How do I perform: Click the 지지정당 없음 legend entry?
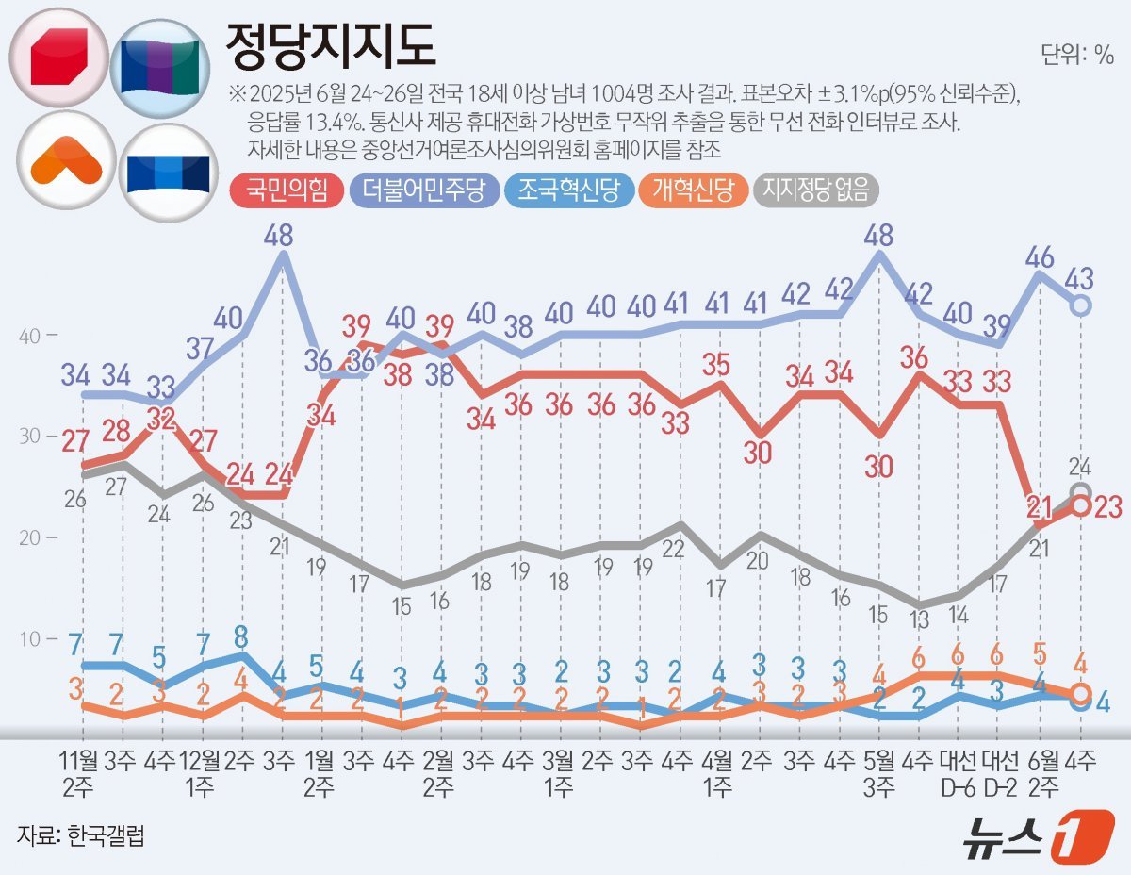pos(818,192)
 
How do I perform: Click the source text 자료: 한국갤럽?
pos(81,834)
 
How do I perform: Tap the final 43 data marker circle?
pos(1082,305)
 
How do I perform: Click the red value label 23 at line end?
pos(1108,506)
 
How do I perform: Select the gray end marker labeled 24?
pos(1081,491)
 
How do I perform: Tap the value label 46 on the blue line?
pos(1040,256)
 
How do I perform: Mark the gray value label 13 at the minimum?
pos(920,619)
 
